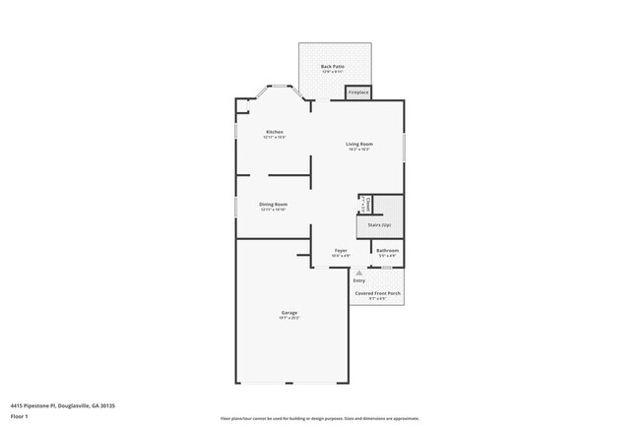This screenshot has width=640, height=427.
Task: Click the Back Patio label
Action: click(332, 66)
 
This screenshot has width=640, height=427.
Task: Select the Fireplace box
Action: click(357, 91)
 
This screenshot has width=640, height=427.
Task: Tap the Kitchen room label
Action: click(274, 132)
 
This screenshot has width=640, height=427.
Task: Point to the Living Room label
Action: click(357, 145)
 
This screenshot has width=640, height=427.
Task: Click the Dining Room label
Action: click(273, 204)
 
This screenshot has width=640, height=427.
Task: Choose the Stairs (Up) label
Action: click(379, 225)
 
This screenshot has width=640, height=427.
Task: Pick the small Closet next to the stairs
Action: click(365, 204)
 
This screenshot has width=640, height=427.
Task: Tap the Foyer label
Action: click(340, 251)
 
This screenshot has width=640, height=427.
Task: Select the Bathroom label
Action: click(387, 251)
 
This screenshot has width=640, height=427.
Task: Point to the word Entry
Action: click(358, 280)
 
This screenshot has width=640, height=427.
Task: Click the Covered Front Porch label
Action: click(378, 294)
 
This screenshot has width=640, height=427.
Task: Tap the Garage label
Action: click(290, 313)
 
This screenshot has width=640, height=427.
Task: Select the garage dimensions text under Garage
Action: click(290, 319)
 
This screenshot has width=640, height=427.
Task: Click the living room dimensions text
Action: click(357, 151)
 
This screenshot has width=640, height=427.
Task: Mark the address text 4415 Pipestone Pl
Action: click(56, 403)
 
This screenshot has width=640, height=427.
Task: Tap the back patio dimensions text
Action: click(332, 72)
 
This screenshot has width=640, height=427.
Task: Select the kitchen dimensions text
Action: click(274, 138)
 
